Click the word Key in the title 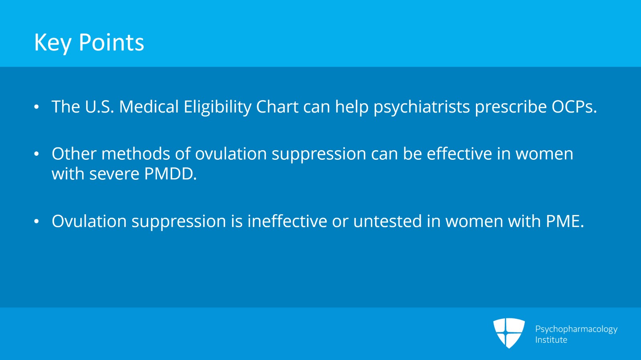pyautogui.click(x=52, y=42)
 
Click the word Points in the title pyautogui.click(x=111, y=42)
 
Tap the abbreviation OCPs pyautogui.click(x=574, y=107)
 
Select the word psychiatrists pyautogui.click(x=421, y=107)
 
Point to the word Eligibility pyautogui.click(x=217, y=107)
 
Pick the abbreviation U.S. pyautogui.click(x=99, y=107)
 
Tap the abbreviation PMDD pyautogui.click(x=170, y=174)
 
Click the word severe pyautogui.click(x=114, y=174)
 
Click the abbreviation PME pyautogui.click(x=565, y=221)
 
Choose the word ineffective pyautogui.click(x=287, y=221)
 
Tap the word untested pyautogui.click(x=387, y=221)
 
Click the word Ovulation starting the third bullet pyautogui.click(x=89, y=221)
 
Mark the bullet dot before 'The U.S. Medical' pyautogui.click(x=36, y=107)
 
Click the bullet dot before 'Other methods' pyautogui.click(x=36, y=154)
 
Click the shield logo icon pyautogui.click(x=509, y=332)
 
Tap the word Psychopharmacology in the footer pyautogui.click(x=576, y=329)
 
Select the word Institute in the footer pyautogui.click(x=551, y=340)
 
